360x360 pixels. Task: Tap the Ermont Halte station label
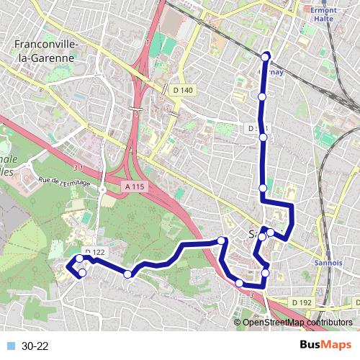(x=326, y=16)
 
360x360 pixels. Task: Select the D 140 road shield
(x=183, y=89)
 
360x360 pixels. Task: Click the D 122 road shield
(x=94, y=251)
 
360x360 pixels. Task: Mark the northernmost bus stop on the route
(x=266, y=56)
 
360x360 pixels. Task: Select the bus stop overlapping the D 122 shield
(x=80, y=258)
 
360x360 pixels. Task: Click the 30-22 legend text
(x=35, y=346)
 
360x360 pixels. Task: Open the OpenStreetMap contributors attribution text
(x=297, y=323)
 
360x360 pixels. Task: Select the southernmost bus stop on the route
(x=240, y=283)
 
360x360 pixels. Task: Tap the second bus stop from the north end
(x=263, y=96)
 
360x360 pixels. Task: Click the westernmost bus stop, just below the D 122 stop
(x=82, y=272)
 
